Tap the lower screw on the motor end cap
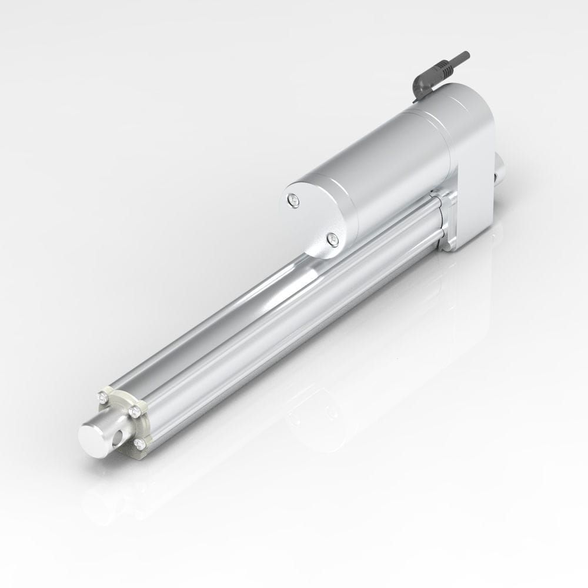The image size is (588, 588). click(x=333, y=239)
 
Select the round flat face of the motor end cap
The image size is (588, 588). click(x=312, y=220)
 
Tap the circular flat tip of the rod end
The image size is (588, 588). click(x=92, y=438)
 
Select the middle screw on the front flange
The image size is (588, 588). click(x=136, y=412)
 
